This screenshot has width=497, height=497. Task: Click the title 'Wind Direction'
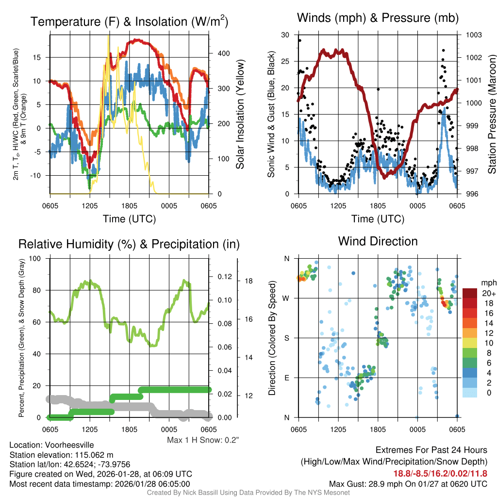pyautogui.click(x=378, y=241)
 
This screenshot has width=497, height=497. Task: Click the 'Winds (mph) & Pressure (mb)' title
pyautogui.click(x=378, y=18)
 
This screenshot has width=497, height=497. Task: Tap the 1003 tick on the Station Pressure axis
pyautogui.click(x=473, y=35)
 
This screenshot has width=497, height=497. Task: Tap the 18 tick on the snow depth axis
pyautogui.click(x=248, y=281)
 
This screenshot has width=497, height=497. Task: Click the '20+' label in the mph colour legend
pyautogui.click(x=488, y=294)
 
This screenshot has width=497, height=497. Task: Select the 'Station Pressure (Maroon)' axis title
pyautogui.click(x=491, y=115)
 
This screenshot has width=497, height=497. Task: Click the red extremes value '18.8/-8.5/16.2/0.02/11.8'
pyautogui.click(x=440, y=474)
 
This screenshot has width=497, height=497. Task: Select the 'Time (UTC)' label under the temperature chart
pyautogui.click(x=130, y=219)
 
